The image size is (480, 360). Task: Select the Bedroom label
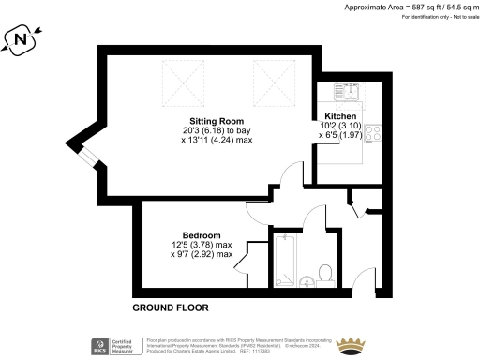click(x=202, y=234)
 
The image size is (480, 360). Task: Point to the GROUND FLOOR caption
click(x=170, y=307)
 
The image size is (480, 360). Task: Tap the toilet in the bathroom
click(x=325, y=273)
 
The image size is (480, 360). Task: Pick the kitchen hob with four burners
click(x=367, y=133)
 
